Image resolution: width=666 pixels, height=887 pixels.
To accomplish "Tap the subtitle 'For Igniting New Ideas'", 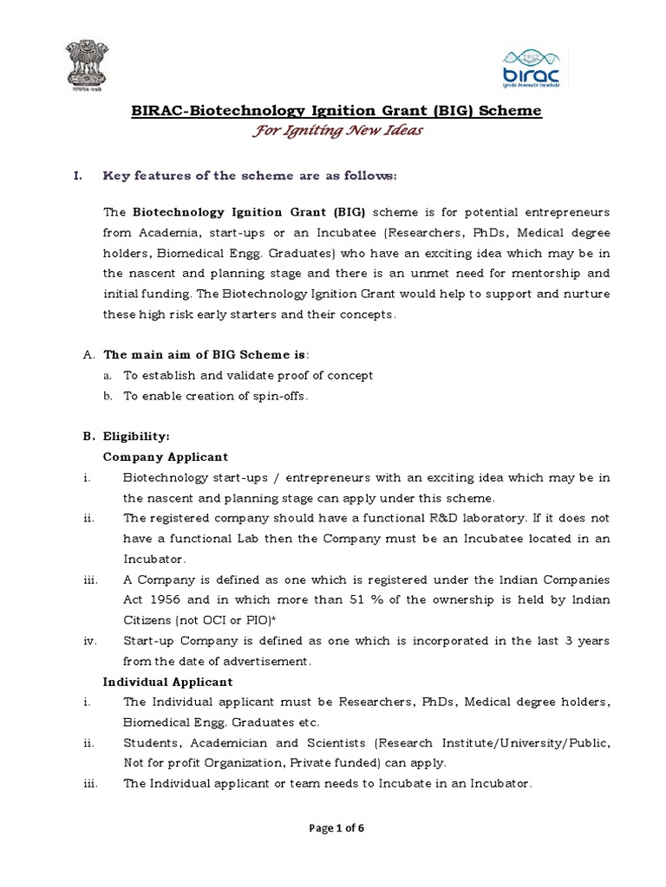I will click(x=333, y=131).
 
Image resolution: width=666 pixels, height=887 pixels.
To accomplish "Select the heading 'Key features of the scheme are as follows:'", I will click(x=250, y=176).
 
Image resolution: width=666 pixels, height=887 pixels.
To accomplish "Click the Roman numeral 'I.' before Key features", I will click(x=76, y=176).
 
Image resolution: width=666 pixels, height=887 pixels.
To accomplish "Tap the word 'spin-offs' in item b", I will click(x=281, y=396).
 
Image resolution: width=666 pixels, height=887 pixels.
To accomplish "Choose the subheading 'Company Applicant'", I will click(x=165, y=456).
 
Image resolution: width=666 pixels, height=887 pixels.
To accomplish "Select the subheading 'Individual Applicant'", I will click(x=167, y=682).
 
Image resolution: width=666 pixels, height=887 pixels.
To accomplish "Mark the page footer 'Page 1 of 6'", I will click(x=333, y=828).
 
